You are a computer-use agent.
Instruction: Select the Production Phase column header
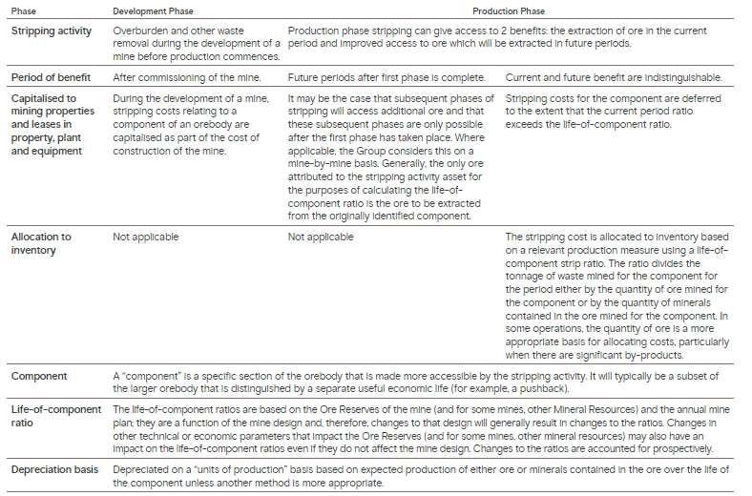pyautogui.click(x=509, y=11)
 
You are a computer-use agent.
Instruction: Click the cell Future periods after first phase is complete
pyautogui.click(x=386, y=76)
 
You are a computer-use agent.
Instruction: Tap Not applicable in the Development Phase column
pyautogui.click(x=145, y=237)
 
